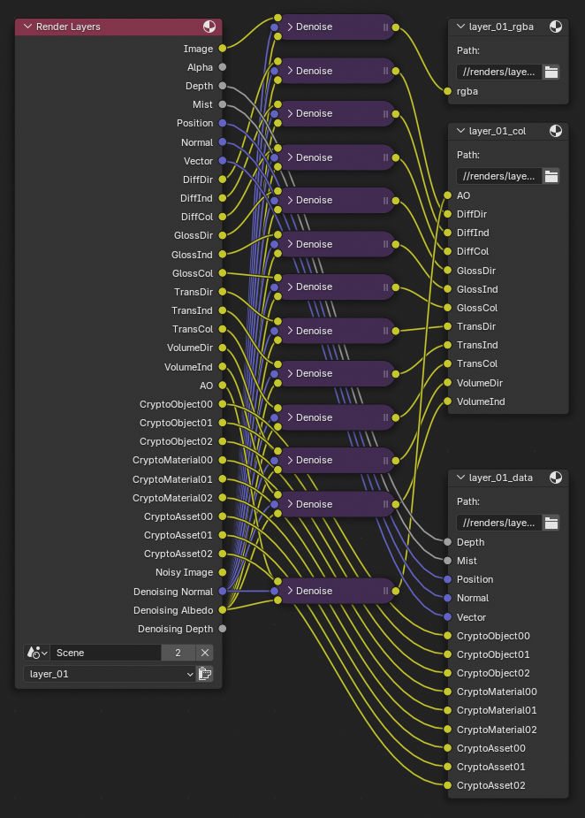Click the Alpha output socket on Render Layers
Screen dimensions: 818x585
[222, 67]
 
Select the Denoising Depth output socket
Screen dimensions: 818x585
[222, 629]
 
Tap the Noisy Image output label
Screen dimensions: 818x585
[185, 572]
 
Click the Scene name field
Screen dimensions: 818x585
[104, 653]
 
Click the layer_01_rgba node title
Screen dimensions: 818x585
[500, 27]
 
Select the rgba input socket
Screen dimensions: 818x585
[448, 91]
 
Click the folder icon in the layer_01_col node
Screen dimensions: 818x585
[551, 176]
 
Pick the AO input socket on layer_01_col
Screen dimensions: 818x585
[448, 195]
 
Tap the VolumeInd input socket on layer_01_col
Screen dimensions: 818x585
[448, 401]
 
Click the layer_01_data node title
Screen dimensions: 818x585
[500, 478]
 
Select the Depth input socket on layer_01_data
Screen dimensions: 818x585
[448, 542]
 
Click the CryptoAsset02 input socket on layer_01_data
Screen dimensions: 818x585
[448, 785]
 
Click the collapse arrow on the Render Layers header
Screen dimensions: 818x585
[27, 27]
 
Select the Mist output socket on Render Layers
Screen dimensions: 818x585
[222, 104]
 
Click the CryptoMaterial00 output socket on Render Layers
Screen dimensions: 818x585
[222, 460]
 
